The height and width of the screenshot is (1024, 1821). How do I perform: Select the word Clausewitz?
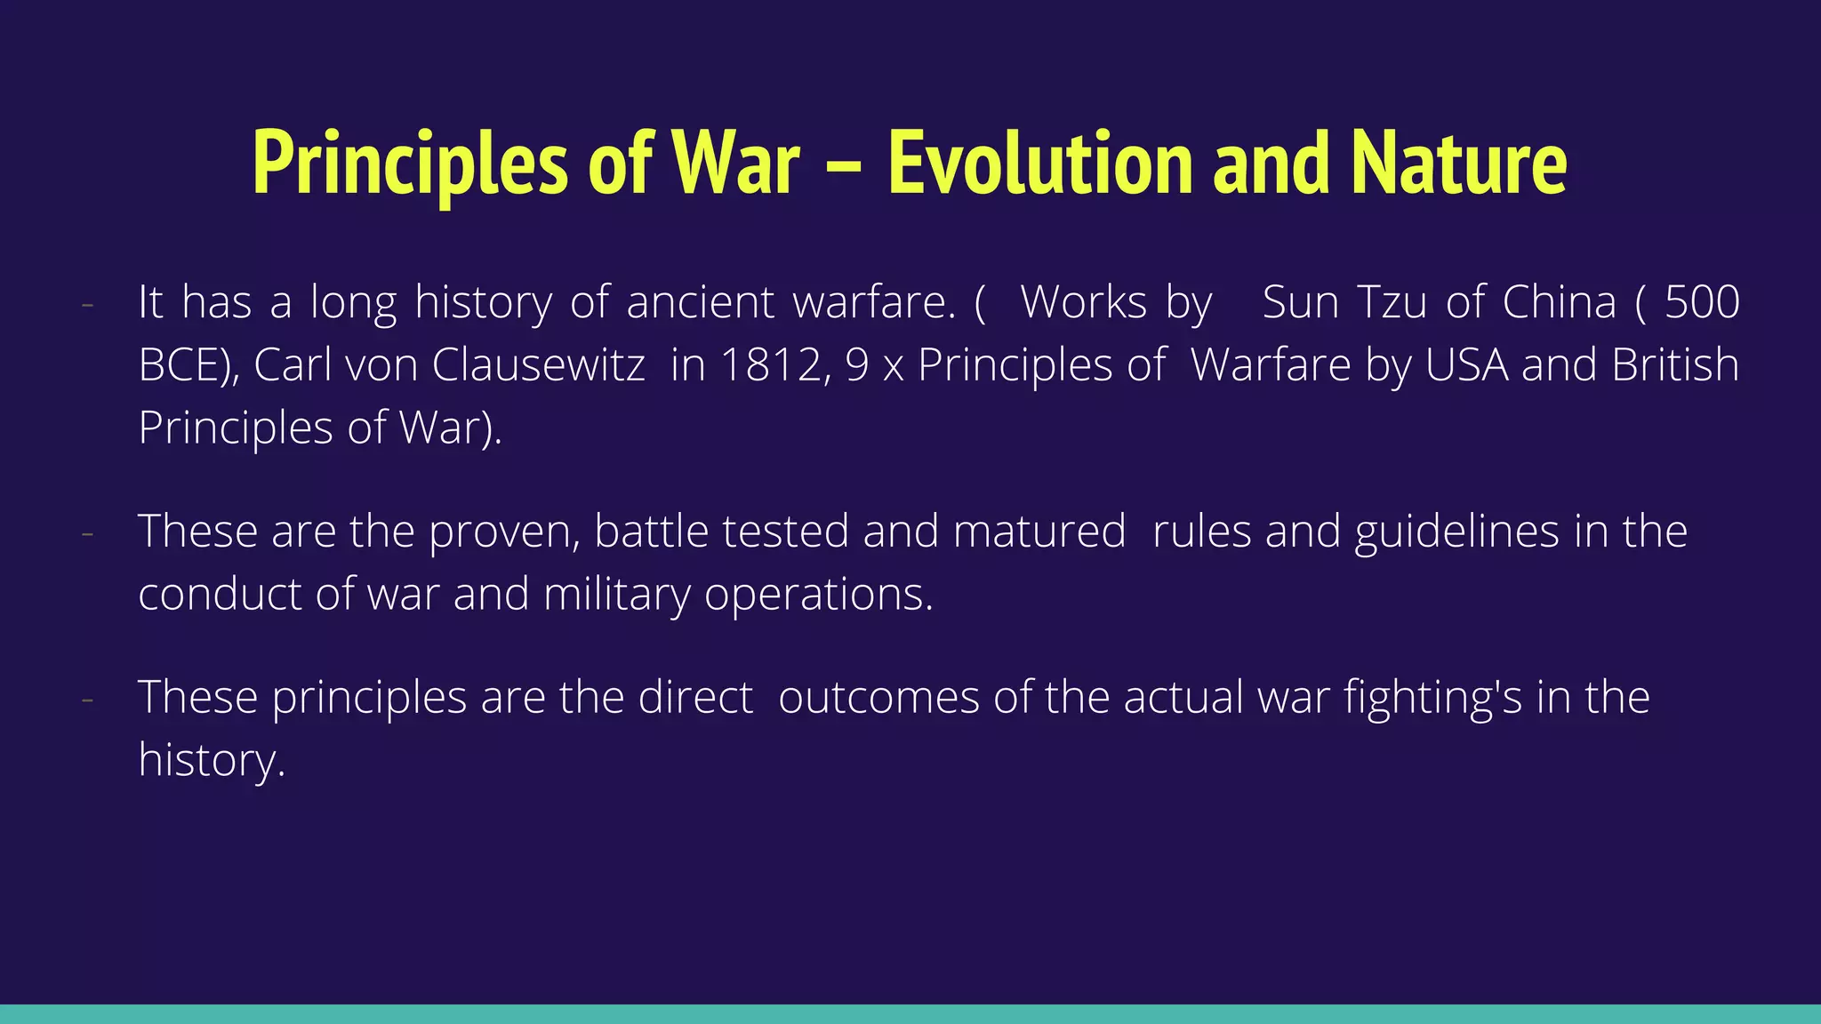click(x=539, y=364)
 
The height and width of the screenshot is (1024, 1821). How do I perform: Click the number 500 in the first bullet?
click(x=1702, y=302)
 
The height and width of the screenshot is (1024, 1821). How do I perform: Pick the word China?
click(x=1559, y=302)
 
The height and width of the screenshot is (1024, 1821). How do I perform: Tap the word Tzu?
click(x=1393, y=302)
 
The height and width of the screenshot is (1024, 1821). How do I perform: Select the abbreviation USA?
click(x=1466, y=364)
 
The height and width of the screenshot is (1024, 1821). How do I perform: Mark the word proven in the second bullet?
click(x=503, y=532)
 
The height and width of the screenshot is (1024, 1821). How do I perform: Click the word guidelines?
click(x=1457, y=532)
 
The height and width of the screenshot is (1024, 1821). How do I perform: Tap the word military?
click(x=616, y=594)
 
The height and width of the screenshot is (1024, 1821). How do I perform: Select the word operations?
click(x=818, y=594)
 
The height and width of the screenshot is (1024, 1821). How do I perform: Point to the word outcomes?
click(x=878, y=697)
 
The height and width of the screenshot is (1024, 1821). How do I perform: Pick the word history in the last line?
click(x=210, y=760)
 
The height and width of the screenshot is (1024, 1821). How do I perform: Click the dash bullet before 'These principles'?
click(x=87, y=699)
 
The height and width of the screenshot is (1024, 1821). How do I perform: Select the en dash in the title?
click(x=843, y=165)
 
